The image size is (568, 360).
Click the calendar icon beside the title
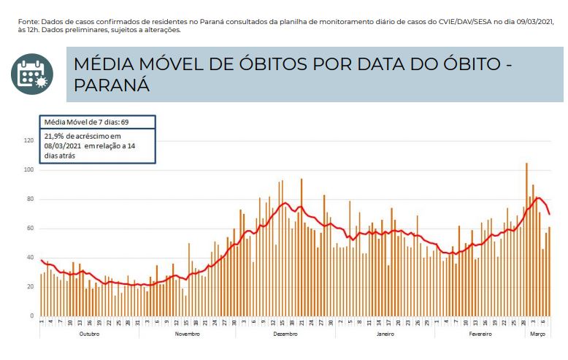click(x=32, y=73)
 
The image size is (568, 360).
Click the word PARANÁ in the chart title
click(x=112, y=86)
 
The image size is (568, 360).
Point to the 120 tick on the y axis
click(x=28, y=141)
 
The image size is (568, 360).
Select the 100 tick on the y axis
click(x=28, y=170)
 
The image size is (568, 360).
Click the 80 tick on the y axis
click(x=30, y=199)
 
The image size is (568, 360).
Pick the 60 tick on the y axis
click(x=30, y=229)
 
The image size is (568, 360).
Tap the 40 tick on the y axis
click(x=30, y=258)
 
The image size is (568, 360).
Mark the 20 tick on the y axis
click(x=30, y=287)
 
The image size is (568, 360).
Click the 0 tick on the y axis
click(x=32, y=316)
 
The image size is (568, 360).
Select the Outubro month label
click(x=88, y=334)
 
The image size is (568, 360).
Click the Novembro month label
click(x=187, y=334)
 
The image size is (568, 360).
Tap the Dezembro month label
click(x=285, y=334)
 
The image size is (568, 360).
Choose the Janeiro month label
click(x=385, y=334)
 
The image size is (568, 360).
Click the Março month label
click(x=537, y=334)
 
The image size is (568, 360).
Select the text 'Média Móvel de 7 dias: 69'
click(x=87, y=122)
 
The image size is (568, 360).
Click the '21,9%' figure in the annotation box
click(x=55, y=136)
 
